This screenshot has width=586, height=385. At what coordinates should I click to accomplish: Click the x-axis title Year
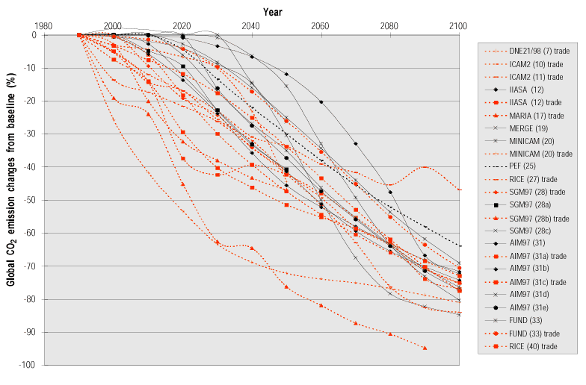point(272,12)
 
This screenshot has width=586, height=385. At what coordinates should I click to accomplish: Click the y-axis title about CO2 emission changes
point(13,200)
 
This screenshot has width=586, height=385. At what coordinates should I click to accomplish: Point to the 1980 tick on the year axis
point(44,26)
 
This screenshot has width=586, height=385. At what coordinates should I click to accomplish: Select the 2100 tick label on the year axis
point(458,26)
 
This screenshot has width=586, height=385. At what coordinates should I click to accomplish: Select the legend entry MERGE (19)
point(527,128)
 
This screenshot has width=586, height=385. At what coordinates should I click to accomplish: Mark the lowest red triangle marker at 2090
point(425,348)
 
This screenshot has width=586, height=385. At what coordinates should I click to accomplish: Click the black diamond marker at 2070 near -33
point(355,143)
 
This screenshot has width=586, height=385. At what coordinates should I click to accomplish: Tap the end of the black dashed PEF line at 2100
point(458,246)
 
